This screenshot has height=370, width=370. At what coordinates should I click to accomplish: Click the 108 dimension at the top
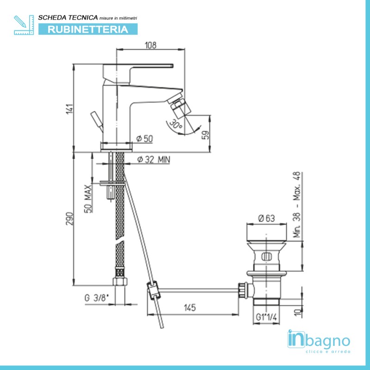pyautogui.click(x=151, y=45)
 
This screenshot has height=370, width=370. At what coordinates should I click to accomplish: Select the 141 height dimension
pyautogui.click(x=70, y=109)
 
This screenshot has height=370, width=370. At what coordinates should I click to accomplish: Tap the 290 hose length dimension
pyautogui.click(x=70, y=218)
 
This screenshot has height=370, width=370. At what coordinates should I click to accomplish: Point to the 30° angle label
pyautogui.click(x=176, y=124)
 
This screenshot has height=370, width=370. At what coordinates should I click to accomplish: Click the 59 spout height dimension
pyautogui.click(x=205, y=135)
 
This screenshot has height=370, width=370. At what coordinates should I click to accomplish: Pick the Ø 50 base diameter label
pyautogui.click(x=144, y=138)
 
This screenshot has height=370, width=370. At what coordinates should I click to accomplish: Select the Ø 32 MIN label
pyautogui.click(x=154, y=160)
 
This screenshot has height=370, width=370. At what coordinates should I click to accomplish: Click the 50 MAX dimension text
pyautogui.click(x=88, y=199)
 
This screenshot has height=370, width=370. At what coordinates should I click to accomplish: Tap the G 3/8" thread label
pyautogui.click(x=97, y=298)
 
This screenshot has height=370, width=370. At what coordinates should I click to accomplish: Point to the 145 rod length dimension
pyautogui.click(x=190, y=308)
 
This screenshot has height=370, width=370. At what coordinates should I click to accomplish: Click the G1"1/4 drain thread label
pyautogui.click(x=266, y=317)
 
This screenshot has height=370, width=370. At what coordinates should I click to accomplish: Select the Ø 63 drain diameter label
pyautogui.click(x=267, y=218)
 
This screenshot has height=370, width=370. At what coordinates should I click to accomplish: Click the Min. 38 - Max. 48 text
pyautogui.click(x=297, y=204)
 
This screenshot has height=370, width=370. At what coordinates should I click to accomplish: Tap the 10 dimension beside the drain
pyautogui.click(x=298, y=312)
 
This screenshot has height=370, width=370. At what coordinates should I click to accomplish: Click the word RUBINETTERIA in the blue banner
pyautogui.click(x=88, y=29)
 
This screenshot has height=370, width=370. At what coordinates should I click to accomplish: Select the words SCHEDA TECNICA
pyautogui.click(x=68, y=18)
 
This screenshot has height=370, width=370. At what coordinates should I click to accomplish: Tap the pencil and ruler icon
pyautogui.click(x=24, y=25)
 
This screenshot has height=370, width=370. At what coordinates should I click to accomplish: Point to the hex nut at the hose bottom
pyautogui.click(x=120, y=282)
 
